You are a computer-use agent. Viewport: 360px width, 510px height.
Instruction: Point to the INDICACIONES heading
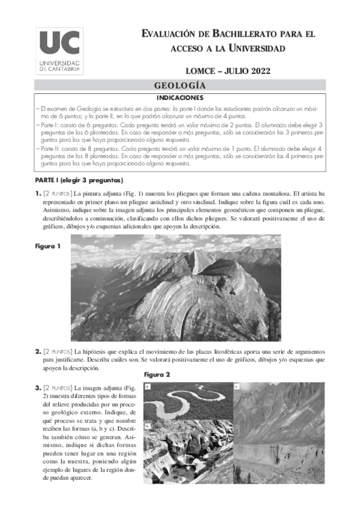(x=180, y=97)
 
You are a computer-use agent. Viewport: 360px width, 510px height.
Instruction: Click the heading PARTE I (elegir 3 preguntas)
(x=78, y=180)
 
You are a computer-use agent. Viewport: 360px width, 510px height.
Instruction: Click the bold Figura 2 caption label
(x=157, y=375)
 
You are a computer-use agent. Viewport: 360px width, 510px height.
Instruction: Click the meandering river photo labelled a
(x=187, y=401)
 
